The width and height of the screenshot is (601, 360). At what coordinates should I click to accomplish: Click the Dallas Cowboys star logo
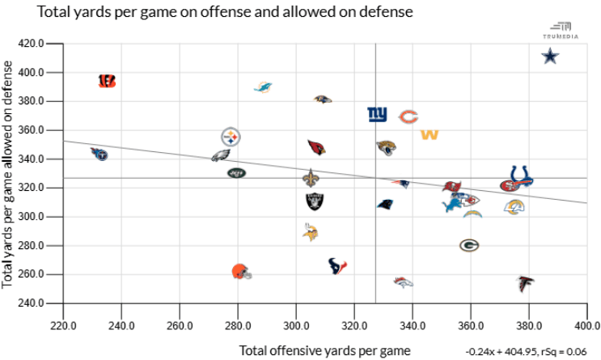click(550, 56)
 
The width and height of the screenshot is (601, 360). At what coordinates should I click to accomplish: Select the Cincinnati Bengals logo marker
click(107, 81)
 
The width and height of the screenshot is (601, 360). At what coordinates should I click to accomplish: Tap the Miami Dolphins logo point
click(263, 87)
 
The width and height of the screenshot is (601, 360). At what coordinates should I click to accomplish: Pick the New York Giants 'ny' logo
click(377, 115)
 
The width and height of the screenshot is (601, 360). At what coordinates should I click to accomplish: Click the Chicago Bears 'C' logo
click(408, 116)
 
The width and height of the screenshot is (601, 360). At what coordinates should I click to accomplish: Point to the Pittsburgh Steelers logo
click(231, 136)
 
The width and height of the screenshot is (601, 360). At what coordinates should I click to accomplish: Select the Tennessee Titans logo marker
click(99, 153)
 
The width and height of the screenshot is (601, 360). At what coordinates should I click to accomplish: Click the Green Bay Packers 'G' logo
click(469, 245)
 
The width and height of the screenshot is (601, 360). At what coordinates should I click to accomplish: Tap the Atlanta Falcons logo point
click(525, 284)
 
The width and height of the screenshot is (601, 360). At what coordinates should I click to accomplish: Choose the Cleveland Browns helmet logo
click(240, 272)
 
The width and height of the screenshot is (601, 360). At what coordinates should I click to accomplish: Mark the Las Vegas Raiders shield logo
click(314, 201)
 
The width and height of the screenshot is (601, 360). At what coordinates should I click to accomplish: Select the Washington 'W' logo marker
click(430, 133)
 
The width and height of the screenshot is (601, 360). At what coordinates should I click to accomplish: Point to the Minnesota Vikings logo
click(311, 233)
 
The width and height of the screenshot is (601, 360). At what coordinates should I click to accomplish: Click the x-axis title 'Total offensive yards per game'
click(325, 350)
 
